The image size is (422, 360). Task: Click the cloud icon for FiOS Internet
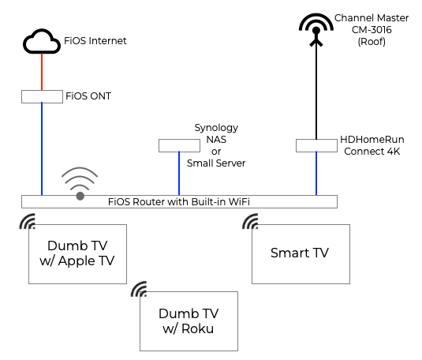click(42, 43)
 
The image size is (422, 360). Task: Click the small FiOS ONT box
click(42, 97)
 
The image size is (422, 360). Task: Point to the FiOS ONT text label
click(89, 97)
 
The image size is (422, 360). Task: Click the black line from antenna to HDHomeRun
click(316, 95)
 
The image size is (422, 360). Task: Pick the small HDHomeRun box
click(316, 146)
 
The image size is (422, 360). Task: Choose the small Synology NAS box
click(179, 146)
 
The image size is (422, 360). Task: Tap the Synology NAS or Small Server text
click(215, 145)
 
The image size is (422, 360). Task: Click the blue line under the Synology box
click(179, 174)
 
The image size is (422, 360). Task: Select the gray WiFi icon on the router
click(80, 183)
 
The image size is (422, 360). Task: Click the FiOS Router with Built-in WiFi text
click(179, 201)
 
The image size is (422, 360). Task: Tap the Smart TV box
click(300, 253)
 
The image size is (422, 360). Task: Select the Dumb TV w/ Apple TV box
click(77, 253)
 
